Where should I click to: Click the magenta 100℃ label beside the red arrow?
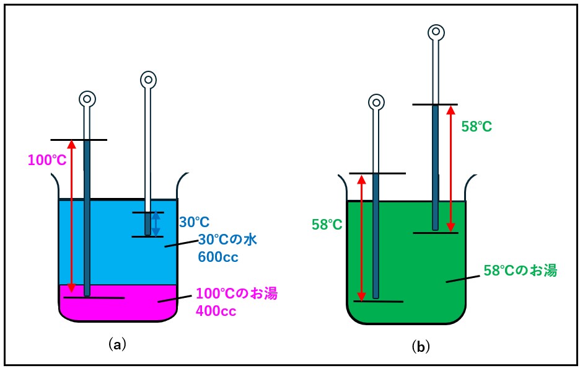click(x=46, y=160)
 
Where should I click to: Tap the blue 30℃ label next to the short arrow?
click(x=195, y=222)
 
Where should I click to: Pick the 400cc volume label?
click(x=216, y=311)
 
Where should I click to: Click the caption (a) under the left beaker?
click(x=117, y=343)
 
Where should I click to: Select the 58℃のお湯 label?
click(x=520, y=271)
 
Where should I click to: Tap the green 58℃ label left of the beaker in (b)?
click(x=327, y=225)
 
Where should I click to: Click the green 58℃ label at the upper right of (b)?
click(x=477, y=127)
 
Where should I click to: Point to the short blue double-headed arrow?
click(x=156, y=224)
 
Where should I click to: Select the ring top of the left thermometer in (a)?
click(x=87, y=99)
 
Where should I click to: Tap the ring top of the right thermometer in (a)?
click(x=147, y=79)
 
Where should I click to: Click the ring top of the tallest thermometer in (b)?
click(x=436, y=32)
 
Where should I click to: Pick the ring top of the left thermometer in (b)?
click(x=376, y=102)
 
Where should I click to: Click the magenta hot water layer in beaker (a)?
click(x=118, y=307)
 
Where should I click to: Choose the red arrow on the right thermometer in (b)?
click(x=451, y=168)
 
